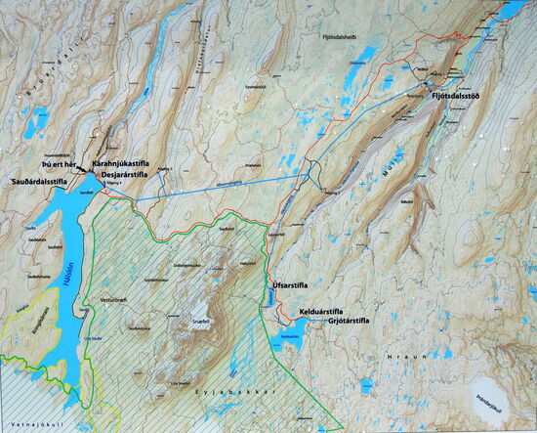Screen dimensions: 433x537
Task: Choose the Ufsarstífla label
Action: click(291, 285)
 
